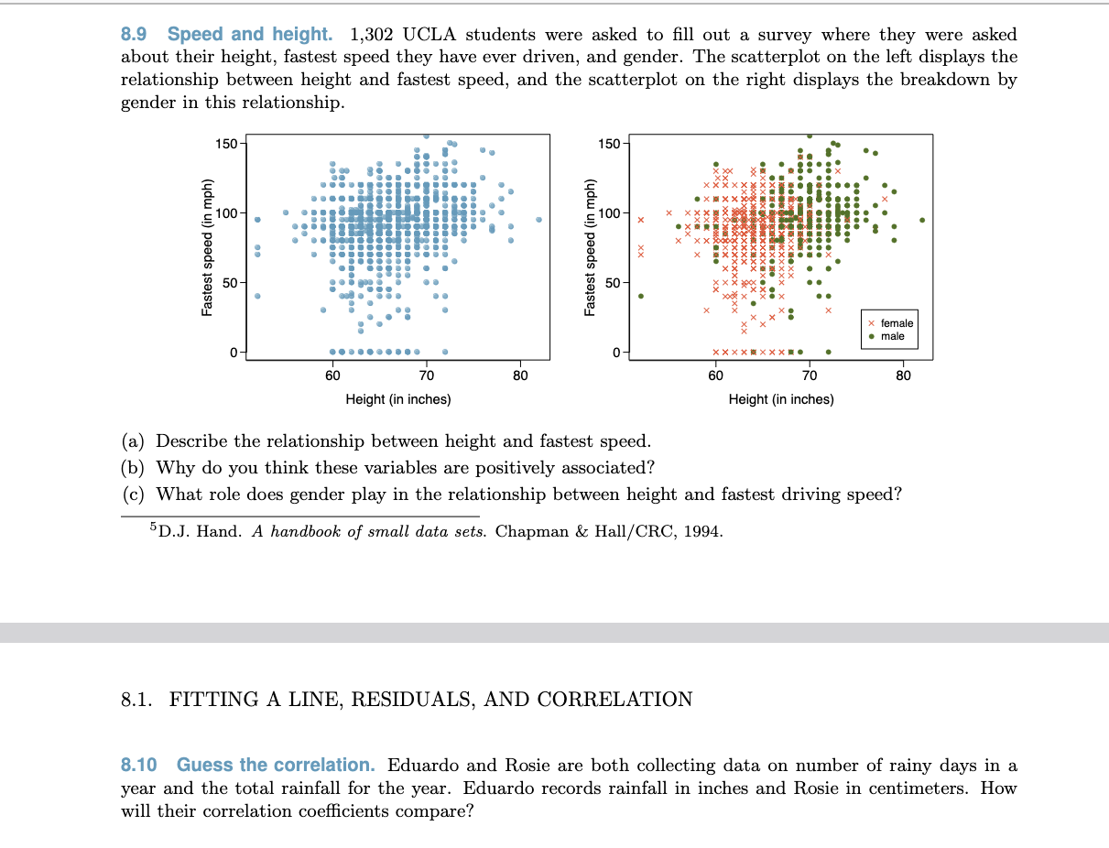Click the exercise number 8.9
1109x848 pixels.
134,35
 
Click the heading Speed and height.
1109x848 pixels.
250,35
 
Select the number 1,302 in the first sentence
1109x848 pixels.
372,35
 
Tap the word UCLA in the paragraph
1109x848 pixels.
429,35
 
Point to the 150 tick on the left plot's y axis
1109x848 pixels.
226,144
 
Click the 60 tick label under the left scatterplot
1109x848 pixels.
332,375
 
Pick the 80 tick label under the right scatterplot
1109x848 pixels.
903,375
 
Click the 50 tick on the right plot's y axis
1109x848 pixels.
613,283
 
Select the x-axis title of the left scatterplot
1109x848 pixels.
398,399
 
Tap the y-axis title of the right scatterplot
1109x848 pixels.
589,247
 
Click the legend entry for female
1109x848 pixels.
891,323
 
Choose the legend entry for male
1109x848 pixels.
886,336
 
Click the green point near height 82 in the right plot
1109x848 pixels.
922,220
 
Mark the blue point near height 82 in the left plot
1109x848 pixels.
539,220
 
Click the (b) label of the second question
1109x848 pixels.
133,468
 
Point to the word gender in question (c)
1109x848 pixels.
316,495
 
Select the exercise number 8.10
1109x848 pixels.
139,766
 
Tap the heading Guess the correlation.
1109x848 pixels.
276,766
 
